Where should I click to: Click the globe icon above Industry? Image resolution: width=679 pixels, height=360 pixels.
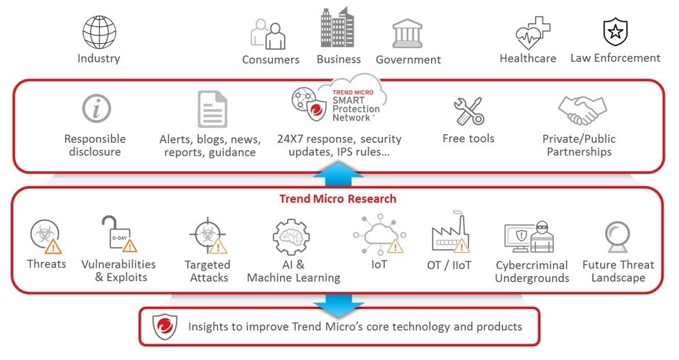[x=99, y=33]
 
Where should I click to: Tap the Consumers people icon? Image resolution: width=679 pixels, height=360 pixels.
[x=268, y=34]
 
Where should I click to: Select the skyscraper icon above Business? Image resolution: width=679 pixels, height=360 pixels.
[x=337, y=27]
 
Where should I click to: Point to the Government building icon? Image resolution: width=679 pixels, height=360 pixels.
[x=407, y=33]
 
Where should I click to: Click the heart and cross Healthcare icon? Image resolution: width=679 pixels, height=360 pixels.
[x=533, y=33]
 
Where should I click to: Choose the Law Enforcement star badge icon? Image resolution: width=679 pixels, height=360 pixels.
[x=615, y=31]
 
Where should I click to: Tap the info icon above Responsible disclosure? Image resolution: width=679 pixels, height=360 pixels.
[x=97, y=108]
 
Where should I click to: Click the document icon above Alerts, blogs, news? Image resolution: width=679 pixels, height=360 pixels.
[x=212, y=109]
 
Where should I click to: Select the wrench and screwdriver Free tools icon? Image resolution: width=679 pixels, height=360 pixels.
[x=469, y=111]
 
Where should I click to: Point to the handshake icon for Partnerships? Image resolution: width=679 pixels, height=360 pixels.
[x=582, y=110]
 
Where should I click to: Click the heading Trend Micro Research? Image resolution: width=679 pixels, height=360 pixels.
[x=338, y=199]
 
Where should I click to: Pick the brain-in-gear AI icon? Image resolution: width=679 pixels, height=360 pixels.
[x=291, y=236]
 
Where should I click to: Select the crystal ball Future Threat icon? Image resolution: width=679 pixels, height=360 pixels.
[x=617, y=236]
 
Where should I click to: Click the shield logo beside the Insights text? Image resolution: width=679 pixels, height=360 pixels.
[x=165, y=327]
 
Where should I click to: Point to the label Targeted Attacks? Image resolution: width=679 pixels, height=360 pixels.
[x=208, y=271]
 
